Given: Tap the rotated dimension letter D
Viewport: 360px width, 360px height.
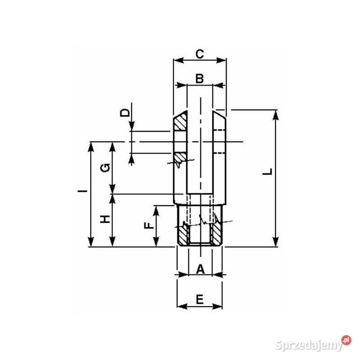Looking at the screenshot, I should point(126,112).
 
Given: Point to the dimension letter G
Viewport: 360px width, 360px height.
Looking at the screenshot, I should point(104,168).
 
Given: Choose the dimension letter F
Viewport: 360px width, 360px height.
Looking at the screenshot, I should point(147,226).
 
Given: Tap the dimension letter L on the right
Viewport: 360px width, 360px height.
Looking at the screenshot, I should point(268,172).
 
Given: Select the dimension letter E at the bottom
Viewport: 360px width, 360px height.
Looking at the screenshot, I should point(200,298).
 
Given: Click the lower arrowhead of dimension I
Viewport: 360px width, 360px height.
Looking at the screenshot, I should point(91,243).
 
